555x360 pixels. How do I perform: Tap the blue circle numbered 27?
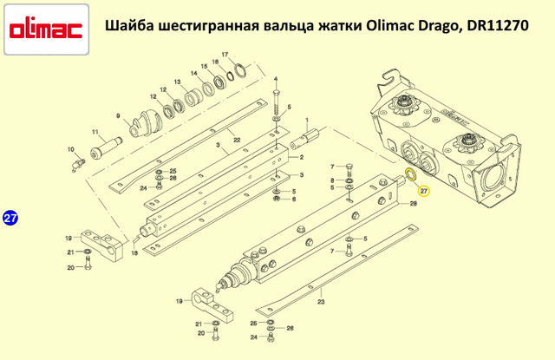[x=10, y=219]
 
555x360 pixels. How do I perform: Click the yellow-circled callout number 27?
[x=424, y=190]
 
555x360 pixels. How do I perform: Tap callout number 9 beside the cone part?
[x=118, y=115]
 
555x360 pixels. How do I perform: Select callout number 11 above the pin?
[x=96, y=132]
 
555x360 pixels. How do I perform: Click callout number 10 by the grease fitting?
[x=72, y=149]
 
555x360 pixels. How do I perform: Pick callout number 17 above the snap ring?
[x=225, y=56]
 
